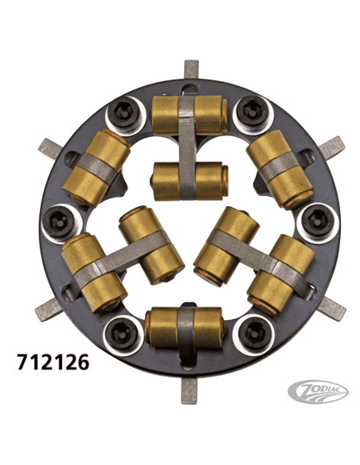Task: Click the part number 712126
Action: coord(53,361)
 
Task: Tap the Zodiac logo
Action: coord(319,391)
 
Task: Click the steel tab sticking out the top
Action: coord(191,69)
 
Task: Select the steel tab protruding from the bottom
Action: coord(189,391)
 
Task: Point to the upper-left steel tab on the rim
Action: coord(50,148)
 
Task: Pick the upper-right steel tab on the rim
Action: coord(332,148)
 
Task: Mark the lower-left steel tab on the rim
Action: coord(49,309)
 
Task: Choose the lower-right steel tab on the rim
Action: coord(331,309)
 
